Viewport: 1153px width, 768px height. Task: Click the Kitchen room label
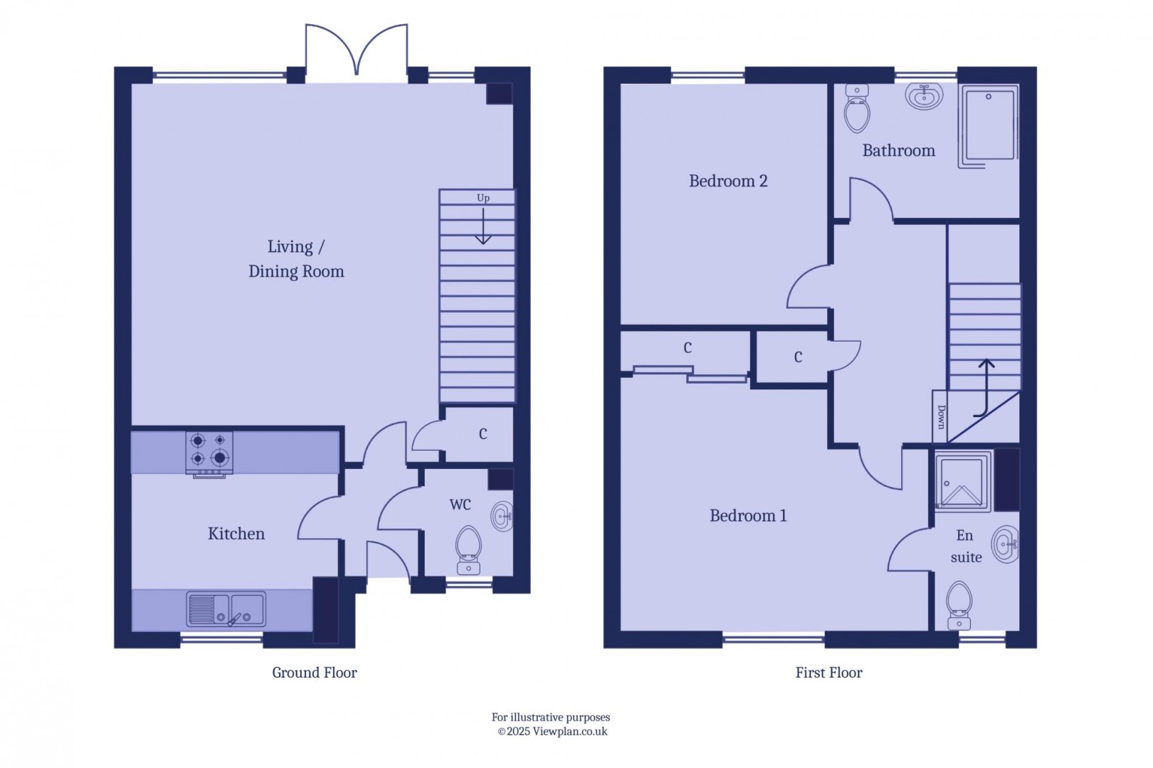[236, 534]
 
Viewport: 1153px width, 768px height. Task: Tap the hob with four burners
[209, 452]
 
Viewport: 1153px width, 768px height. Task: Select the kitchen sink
[226, 609]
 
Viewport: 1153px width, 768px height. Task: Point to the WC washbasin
[502, 517]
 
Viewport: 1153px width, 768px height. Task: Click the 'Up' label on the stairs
[483, 198]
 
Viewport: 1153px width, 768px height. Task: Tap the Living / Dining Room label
[296, 259]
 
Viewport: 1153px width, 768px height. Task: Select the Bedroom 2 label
[728, 181]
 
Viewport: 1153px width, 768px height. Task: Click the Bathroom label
[898, 150]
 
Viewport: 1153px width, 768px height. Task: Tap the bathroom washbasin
[924, 95]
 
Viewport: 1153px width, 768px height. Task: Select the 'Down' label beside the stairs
[941, 417]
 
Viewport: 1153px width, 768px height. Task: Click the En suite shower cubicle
[962, 482]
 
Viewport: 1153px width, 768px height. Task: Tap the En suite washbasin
[1005, 545]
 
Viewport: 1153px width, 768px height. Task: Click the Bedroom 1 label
[748, 515]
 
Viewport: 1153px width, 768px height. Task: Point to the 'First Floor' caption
[828, 673]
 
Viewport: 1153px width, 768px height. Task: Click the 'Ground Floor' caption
[314, 673]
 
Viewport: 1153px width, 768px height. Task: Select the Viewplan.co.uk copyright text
[552, 732]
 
